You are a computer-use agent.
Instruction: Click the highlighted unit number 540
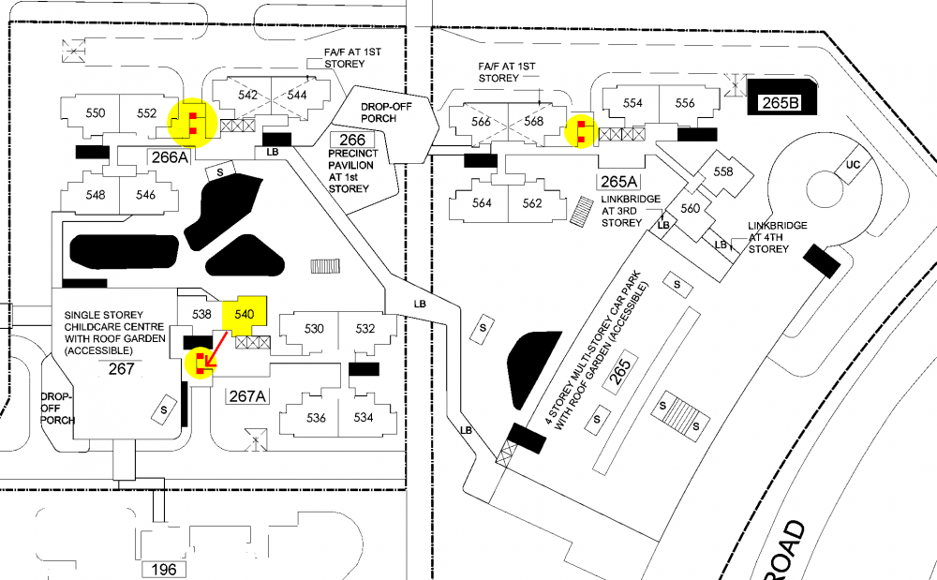[245, 313]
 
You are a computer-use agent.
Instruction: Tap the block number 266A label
[171, 157]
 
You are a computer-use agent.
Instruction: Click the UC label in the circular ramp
[853, 165]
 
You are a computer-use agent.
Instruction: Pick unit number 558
[723, 171]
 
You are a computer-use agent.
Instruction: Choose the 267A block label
[248, 396]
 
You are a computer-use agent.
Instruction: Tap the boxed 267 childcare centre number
[122, 368]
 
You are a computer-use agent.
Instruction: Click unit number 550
[95, 113]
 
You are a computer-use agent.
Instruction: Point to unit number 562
[532, 203]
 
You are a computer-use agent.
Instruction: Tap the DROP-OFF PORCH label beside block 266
[385, 112]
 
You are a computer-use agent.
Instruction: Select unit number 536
[316, 418]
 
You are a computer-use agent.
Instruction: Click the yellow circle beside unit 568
[583, 131]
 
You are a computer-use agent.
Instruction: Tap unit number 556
[685, 103]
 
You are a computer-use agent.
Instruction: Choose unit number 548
[95, 195]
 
